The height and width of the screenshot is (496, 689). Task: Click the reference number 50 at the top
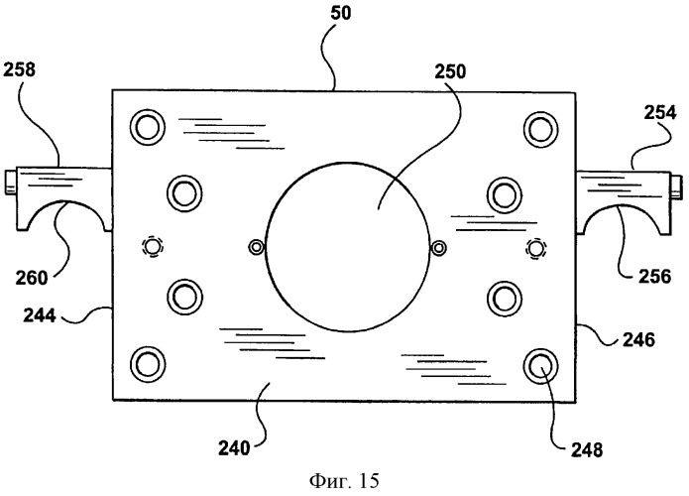click(x=341, y=13)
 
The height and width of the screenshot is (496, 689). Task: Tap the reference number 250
click(x=450, y=71)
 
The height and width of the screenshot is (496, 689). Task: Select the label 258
click(x=19, y=69)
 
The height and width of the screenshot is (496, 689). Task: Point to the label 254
click(x=660, y=113)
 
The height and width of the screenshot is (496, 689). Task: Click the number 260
click(x=31, y=278)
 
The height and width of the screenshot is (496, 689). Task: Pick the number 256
click(x=654, y=277)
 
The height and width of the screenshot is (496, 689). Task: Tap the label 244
click(x=40, y=315)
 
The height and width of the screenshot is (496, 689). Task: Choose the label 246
click(x=638, y=339)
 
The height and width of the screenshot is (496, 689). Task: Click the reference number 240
click(x=234, y=448)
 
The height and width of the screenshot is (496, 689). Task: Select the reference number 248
click(x=587, y=449)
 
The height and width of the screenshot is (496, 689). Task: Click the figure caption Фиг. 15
click(x=344, y=480)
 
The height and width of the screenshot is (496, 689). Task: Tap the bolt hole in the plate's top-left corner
click(x=148, y=127)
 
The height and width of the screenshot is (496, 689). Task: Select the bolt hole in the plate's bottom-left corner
click(x=148, y=364)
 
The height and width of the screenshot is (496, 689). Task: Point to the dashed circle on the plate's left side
click(x=153, y=247)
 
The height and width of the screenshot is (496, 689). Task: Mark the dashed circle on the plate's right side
click(x=535, y=248)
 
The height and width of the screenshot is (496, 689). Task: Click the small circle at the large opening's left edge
click(x=256, y=247)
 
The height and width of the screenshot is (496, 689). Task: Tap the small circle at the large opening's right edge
click(x=438, y=248)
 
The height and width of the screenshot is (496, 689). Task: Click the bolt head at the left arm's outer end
click(x=11, y=183)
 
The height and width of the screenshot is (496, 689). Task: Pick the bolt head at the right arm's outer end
click(x=676, y=186)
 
